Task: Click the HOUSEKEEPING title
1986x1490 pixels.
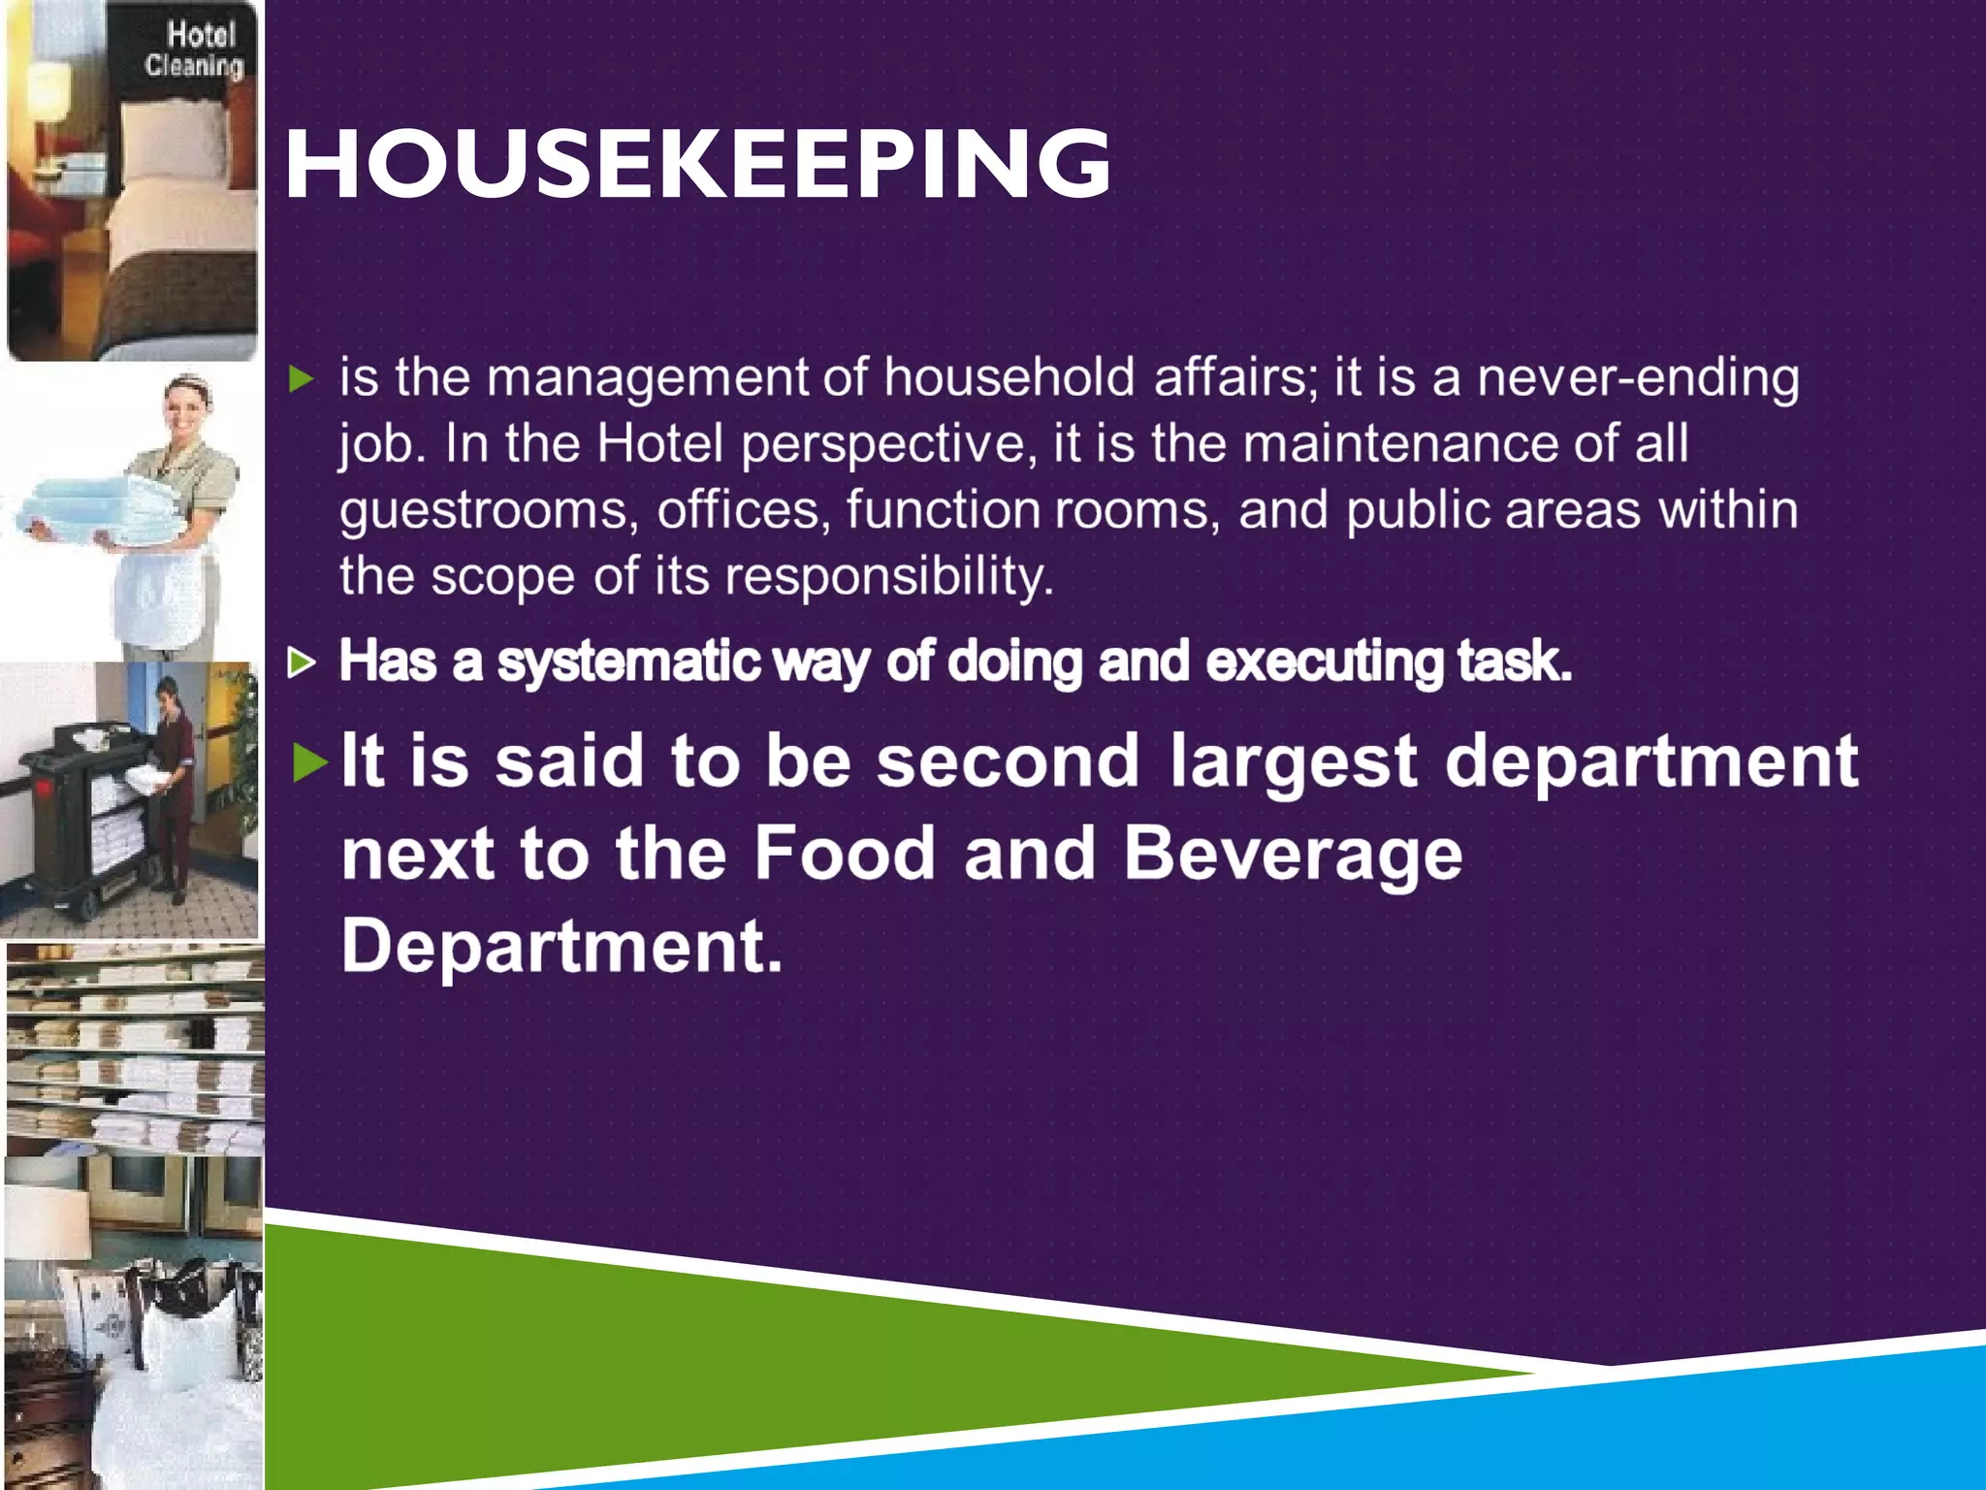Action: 697,164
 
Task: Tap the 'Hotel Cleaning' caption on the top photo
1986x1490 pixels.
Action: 194,49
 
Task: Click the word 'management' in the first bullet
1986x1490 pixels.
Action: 647,377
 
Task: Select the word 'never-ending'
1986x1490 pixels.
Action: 1638,377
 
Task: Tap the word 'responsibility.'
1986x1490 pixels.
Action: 889,576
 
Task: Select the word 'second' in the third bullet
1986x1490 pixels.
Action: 1008,761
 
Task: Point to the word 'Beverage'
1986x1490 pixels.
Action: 1293,854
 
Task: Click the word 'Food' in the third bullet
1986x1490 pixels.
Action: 843,854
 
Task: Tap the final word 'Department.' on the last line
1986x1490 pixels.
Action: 561,946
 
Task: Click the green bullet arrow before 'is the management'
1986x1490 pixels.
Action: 303,378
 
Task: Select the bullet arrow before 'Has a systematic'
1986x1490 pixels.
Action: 303,664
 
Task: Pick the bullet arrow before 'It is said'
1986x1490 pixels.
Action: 309,762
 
